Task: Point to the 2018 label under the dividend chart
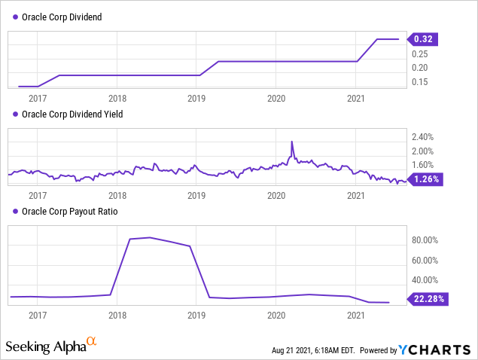117,98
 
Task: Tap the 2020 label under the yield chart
276,195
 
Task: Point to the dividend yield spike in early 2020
291,142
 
